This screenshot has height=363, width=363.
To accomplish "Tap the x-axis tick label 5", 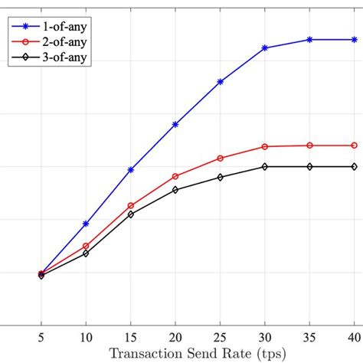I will (41, 338).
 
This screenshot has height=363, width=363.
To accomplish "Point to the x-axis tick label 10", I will (86, 338).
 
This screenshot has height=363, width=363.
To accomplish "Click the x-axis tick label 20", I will (175, 338).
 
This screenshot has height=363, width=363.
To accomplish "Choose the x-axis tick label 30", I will (265, 338).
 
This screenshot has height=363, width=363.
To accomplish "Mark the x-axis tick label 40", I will (354, 338).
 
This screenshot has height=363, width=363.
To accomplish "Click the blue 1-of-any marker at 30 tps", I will (265, 47).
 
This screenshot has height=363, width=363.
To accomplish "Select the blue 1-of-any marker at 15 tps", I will (131, 169).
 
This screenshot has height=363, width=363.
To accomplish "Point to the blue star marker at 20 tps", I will (175, 124).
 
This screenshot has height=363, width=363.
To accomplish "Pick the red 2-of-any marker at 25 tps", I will (221, 158).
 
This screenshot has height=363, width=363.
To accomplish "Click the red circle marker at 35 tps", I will (309, 145).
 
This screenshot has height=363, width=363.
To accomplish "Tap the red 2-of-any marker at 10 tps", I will (86, 246).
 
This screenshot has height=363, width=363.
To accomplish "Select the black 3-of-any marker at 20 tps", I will (175, 189).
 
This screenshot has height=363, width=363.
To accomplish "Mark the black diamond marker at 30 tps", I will (265, 166).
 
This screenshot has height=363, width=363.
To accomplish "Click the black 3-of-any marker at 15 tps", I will (131, 214).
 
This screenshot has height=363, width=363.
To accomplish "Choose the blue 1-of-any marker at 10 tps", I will (86, 224).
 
